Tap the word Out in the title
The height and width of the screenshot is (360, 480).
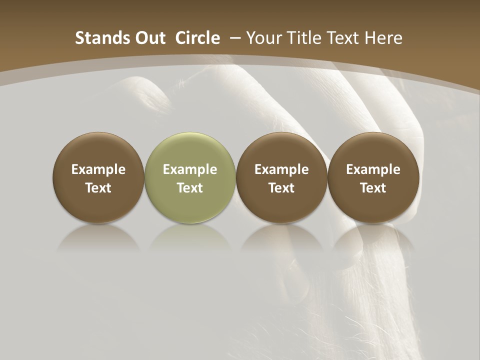(148, 38)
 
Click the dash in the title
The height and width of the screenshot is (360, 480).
(235, 38)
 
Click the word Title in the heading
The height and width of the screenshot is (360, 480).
(305, 38)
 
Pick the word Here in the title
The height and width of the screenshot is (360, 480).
(383, 38)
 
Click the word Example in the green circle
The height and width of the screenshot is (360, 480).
(190, 169)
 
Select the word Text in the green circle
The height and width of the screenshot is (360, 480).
(190, 188)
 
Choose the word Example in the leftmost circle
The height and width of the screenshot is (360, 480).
(98, 169)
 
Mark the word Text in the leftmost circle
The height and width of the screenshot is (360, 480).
(98, 188)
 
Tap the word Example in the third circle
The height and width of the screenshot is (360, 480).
(281, 169)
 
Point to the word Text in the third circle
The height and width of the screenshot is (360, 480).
(281, 188)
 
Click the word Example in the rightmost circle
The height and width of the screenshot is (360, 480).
(373, 169)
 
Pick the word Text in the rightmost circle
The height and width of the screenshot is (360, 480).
(373, 188)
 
